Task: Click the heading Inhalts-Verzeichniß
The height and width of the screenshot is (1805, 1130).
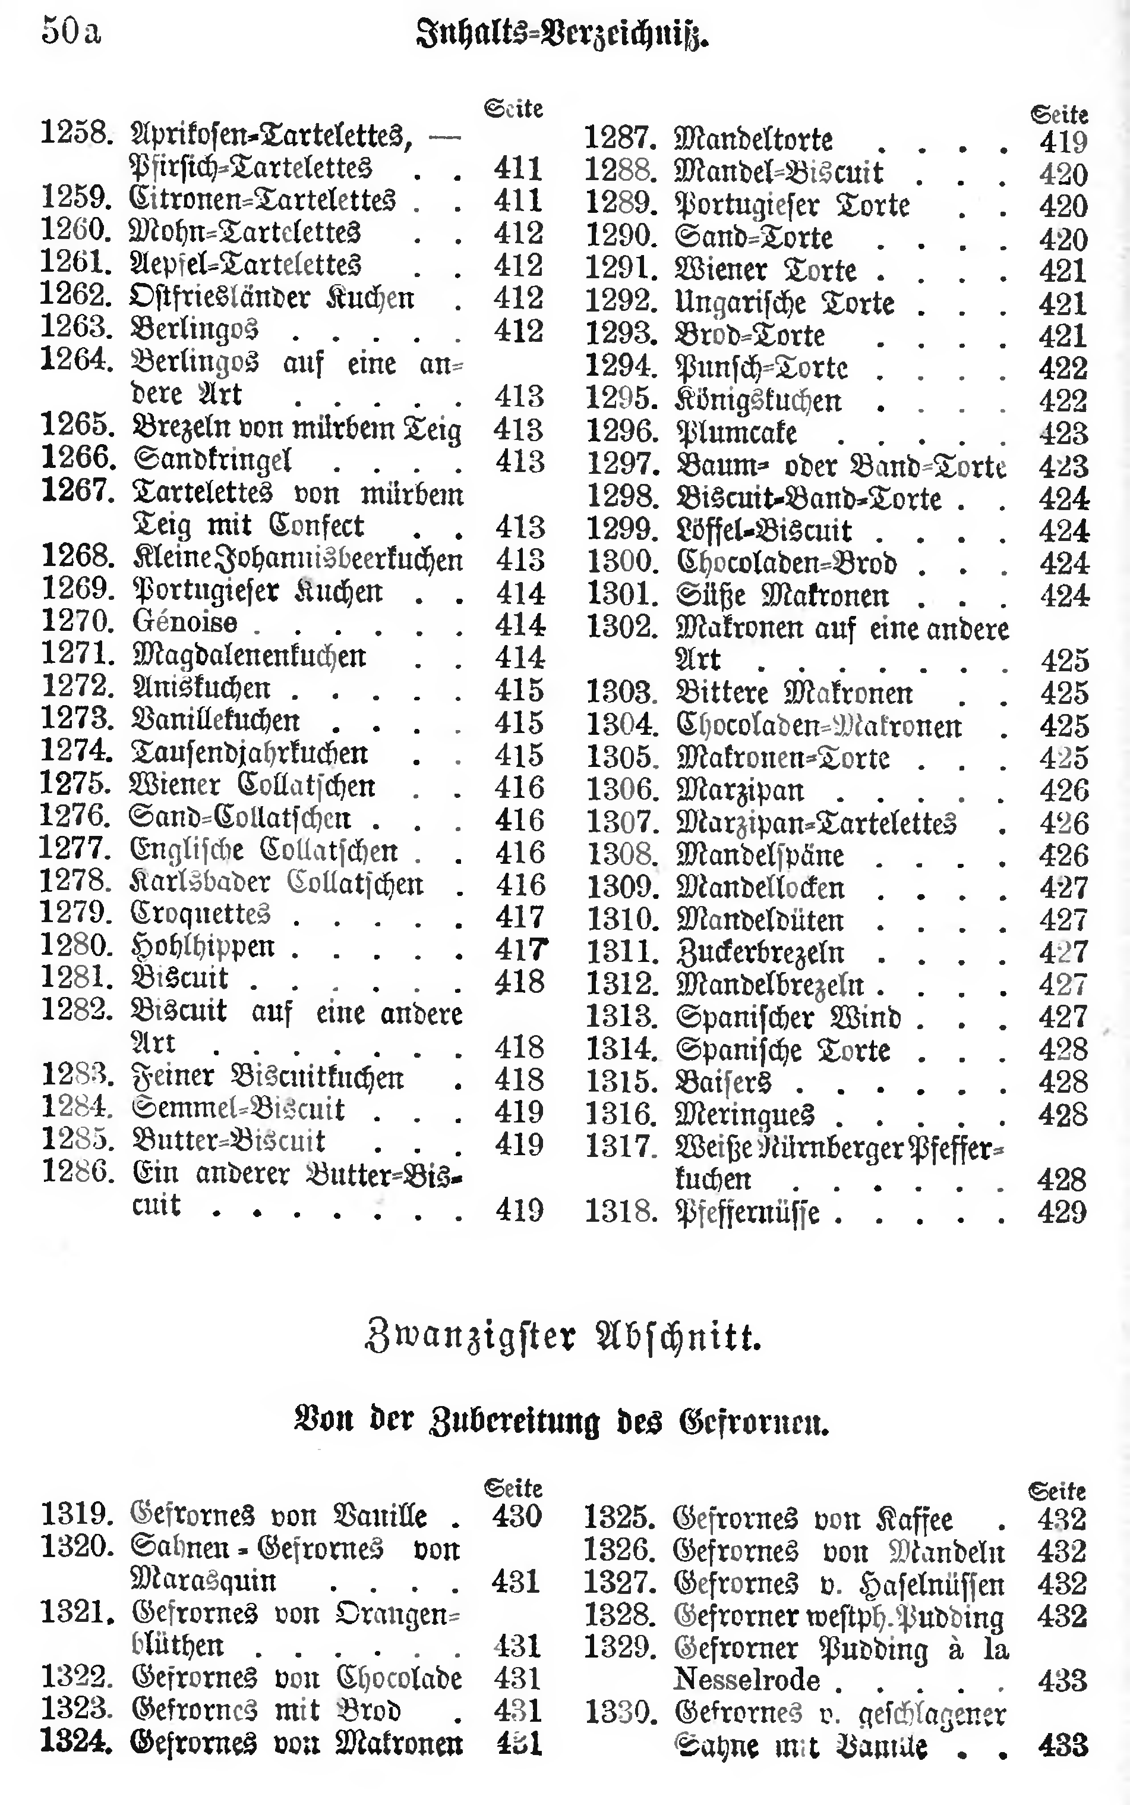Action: click(561, 34)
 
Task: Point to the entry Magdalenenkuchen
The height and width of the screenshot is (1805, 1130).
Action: click(249, 655)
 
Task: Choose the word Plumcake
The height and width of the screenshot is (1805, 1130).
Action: click(736, 433)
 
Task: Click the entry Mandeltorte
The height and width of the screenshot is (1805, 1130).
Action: click(753, 140)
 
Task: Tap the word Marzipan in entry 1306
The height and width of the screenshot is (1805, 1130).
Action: click(740, 790)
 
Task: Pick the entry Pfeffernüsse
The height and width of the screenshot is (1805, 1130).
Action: click(747, 1212)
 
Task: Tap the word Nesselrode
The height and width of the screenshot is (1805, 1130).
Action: click(747, 1680)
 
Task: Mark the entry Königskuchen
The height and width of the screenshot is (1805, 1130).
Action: click(759, 401)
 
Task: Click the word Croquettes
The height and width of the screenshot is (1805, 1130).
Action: click(200, 914)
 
